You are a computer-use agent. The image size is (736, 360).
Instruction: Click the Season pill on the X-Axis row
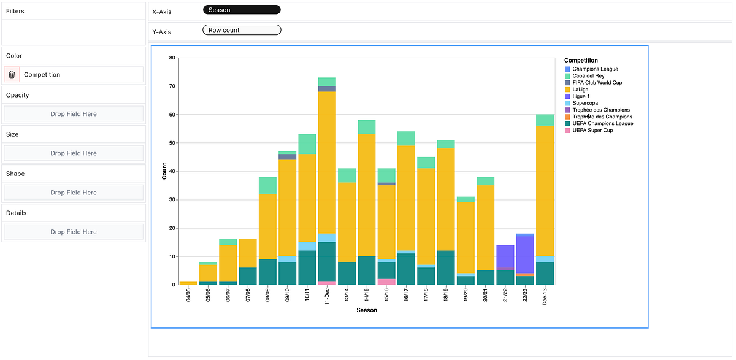tap(241, 10)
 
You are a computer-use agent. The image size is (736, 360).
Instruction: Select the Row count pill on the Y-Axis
tap(241, 30)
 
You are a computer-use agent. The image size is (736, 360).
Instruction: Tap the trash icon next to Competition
tap(12, 74)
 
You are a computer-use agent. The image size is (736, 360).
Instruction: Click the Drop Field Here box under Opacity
tap(74, 114)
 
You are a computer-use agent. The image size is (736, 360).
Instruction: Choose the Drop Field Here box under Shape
tap(74, 193)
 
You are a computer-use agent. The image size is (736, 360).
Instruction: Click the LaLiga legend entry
tap(581, 90)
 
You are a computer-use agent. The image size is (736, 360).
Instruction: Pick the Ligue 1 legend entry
tap(581, 96)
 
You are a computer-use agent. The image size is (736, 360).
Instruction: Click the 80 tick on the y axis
tap(172, 58)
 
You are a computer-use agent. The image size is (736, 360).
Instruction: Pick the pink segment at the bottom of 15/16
tap(386, 282)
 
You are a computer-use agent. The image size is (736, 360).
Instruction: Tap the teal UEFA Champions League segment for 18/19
tap(445, 267)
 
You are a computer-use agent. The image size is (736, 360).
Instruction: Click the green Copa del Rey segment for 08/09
tap(267, 185)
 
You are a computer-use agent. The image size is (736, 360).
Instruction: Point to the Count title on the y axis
tap(164, 171)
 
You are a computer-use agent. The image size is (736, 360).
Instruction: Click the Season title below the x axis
tap(367, 310)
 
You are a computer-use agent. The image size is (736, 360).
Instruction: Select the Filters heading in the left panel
tap(15, 11)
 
